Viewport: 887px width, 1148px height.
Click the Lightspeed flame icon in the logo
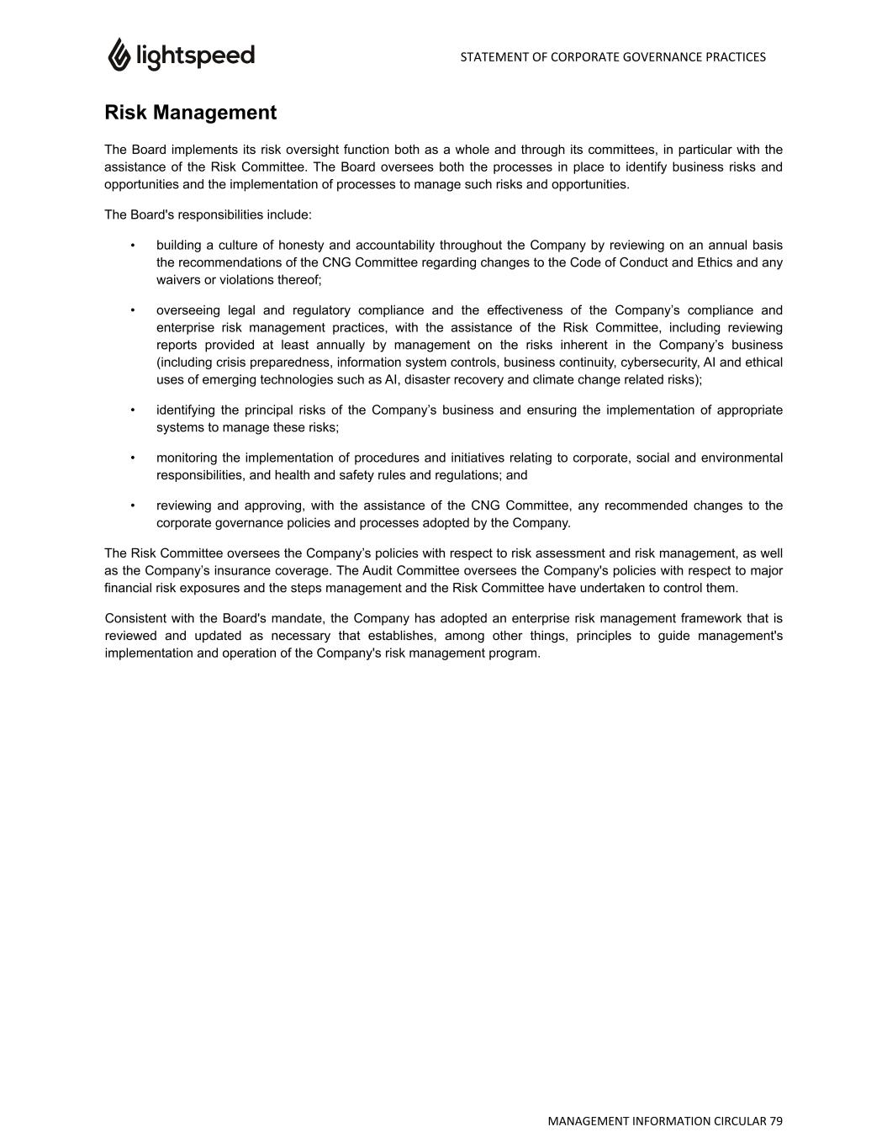point(119,55)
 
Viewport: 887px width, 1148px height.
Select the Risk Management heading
point(190,113)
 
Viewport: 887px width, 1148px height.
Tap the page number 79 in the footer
point(775,1121)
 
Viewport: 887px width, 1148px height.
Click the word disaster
point(429,380)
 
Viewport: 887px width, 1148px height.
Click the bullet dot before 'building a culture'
point(133,246)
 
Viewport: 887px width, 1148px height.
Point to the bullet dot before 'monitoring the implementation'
point(133,458)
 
